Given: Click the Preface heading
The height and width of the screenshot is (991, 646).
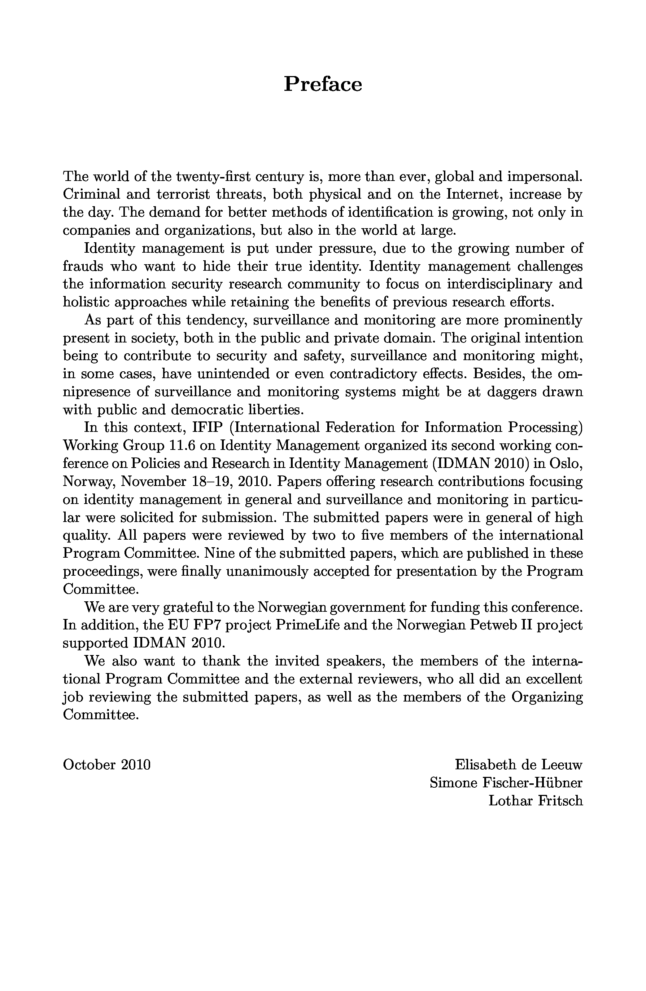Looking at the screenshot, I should (x=323, y=84).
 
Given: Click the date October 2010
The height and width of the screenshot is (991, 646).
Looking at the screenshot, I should (x=106, y=765).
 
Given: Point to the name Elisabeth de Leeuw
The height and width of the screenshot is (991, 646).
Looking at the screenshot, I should (x=519, y=765).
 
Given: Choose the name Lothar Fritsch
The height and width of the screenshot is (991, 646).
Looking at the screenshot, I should (x=536, y=801).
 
